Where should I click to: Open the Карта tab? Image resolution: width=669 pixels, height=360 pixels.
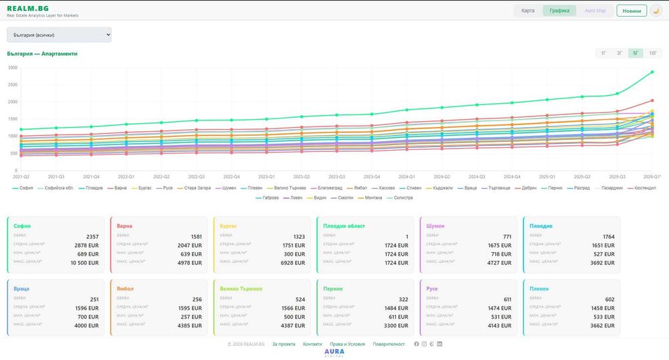pos(528,11)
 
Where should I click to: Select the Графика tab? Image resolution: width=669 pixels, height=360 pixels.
pos(559,11)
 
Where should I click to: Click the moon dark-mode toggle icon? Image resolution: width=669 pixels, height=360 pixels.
pos(656,11)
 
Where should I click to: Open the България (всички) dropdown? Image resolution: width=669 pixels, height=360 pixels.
pos(59,35)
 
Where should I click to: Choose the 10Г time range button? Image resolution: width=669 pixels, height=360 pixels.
pos(652,53)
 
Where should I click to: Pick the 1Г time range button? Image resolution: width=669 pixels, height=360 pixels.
pos(603,53)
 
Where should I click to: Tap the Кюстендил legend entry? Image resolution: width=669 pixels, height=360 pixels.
pos(642,188)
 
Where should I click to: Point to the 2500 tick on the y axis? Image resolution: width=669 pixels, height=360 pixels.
pos(13,84)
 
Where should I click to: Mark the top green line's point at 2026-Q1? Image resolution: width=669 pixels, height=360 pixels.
pos(652,72)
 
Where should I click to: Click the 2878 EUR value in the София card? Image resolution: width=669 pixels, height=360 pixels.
pos(85,246)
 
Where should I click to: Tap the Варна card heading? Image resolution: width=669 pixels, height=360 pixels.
pos(124,226)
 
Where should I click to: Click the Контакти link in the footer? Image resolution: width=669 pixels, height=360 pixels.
pos(312,344)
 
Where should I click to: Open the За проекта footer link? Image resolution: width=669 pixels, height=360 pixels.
pos(284,344)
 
